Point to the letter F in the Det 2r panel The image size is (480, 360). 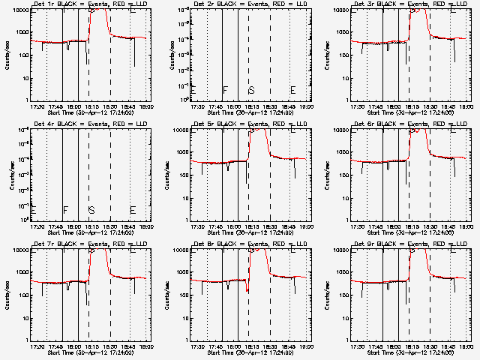[x=224, y=90]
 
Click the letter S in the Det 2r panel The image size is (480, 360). [x=251, y=90]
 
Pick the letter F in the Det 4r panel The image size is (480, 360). [x=64, y=210]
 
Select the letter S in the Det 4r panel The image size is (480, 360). [x=91, y=210]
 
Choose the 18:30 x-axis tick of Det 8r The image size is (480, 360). [x=270, y=346]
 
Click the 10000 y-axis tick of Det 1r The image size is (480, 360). [x=21, y=10]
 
